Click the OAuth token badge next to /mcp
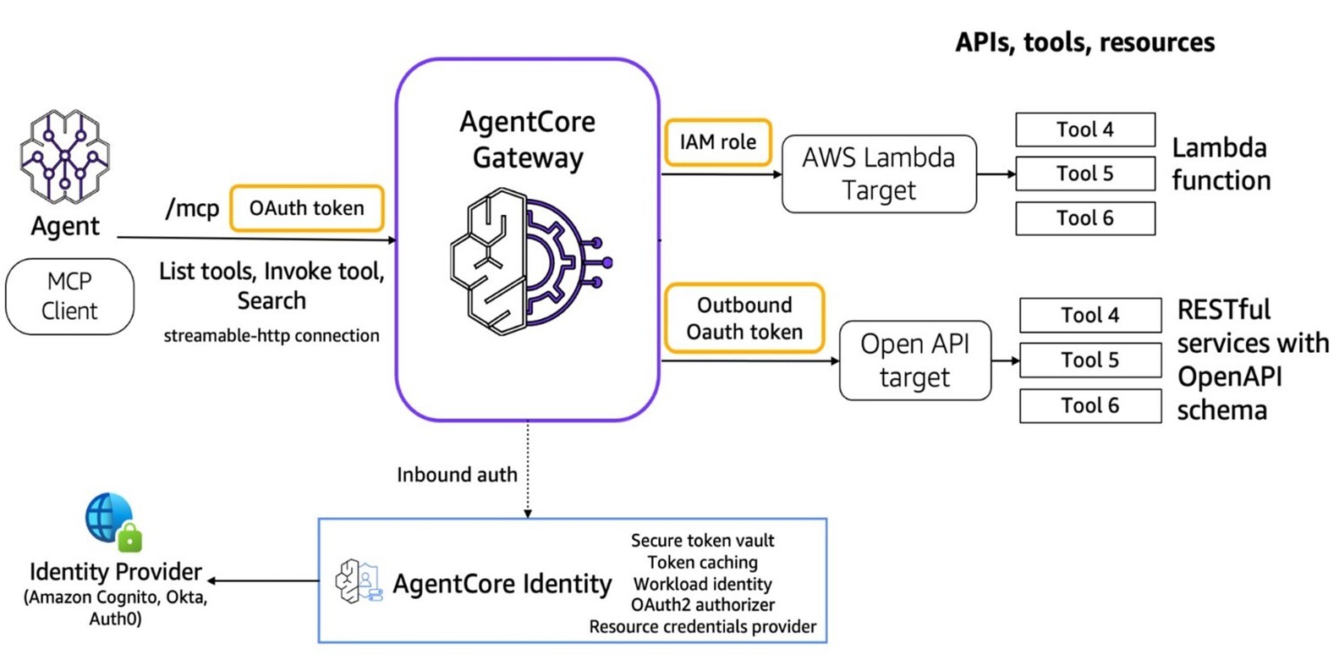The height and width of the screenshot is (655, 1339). (306, 208)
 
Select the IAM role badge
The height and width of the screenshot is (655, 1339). (717, 142)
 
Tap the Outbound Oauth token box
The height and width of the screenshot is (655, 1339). (744, 318)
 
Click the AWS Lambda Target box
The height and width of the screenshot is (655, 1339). (879, 173)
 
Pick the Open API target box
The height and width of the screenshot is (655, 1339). (914, 361)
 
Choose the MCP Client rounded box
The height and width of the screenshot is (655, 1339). (69, 296)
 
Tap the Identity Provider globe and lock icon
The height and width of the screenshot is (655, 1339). (112, 521)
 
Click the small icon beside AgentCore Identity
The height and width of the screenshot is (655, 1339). (359, 581)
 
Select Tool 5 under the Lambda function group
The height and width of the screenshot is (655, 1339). (1084, 173)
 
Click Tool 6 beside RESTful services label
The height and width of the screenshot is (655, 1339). (1089, 405)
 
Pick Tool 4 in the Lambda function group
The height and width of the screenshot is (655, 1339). (1084, 129)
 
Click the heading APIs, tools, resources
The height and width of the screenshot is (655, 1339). (1084, 42)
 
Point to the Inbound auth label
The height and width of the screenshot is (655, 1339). (457, 475)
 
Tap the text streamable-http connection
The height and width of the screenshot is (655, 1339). (272, 336)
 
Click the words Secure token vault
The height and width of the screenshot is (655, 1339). (702, 541)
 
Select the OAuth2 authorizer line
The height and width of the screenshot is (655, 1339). (702, 605)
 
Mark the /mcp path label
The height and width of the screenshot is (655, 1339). (192, 208)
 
